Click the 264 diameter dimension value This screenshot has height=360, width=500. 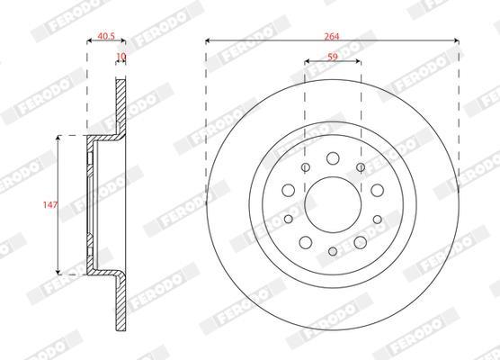(x=332, y=36)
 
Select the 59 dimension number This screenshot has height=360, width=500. (x=333, y=57)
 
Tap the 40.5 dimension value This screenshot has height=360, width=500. (x=106, y=36)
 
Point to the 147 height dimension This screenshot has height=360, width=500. (x=50, y=204)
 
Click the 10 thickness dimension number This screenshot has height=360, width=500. (x=121, y=57)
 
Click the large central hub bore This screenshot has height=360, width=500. (x=333, y=204)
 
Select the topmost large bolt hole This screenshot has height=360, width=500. (x=333, y=158)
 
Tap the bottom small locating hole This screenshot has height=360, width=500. (x=333, y=251)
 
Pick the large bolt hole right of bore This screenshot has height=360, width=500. (x=377, y=190)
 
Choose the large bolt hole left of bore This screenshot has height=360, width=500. (x=289, y=190)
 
